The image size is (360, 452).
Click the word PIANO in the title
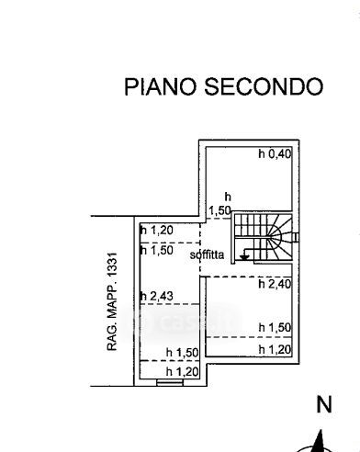[160, 86]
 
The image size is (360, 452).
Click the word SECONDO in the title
[264, 86]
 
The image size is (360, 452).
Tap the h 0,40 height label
[275, 153]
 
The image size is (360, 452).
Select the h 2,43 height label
[157, 296]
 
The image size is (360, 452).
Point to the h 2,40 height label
[275, 284]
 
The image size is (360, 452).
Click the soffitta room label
[207, 254]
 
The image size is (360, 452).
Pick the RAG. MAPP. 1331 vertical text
[112, 301]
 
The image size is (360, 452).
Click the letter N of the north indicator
[324, 404]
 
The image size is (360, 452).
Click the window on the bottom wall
[170, 382]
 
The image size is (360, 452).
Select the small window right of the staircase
[296, 237]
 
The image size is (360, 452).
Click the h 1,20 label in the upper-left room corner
[157, 230]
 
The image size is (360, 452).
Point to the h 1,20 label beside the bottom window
[182, 372]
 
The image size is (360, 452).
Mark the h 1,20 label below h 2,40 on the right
[275, 349]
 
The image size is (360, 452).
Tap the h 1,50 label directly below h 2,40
[275, 327]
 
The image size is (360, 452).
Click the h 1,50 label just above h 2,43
[157, 250]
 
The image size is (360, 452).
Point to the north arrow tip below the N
[321, 430]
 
